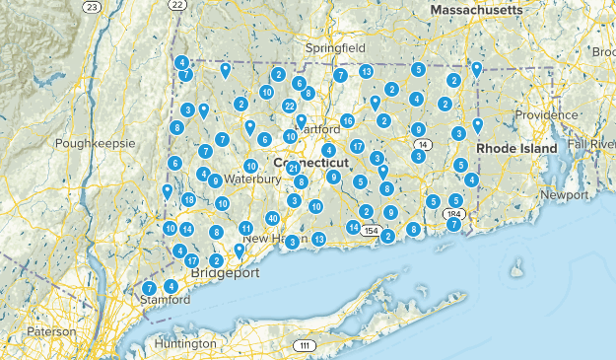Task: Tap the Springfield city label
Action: tap(335, 46)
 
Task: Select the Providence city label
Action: tap(545, 114)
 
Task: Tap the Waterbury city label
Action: tap(251, 180)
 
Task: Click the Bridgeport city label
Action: tap(224, 271)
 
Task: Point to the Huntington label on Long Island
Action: tap(185, 343)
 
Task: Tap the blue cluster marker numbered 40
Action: tap(272, 218)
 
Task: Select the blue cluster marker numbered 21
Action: tap(294, 169)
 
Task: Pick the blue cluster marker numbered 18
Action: tap(188, 200)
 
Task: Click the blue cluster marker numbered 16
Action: tap(347, 121)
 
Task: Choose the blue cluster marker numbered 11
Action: tap(245, 229)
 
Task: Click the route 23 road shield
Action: tap(92, 7)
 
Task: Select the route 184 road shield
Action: tap(454, 213)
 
